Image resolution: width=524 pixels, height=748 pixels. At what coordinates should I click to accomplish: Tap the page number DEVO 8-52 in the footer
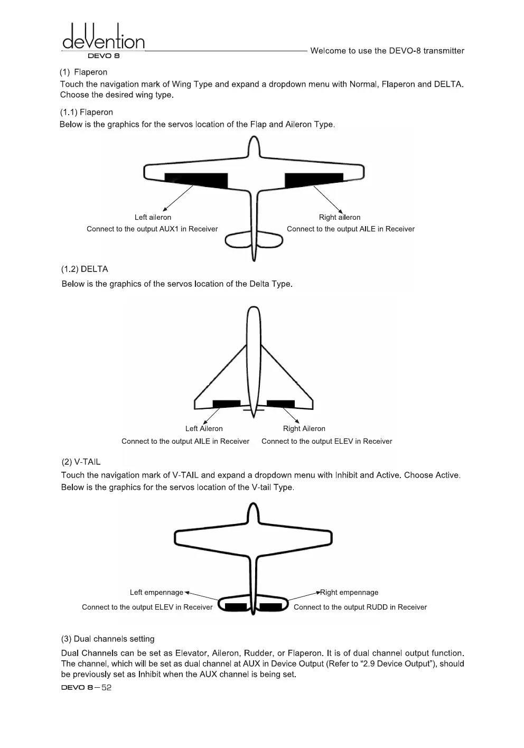click(x=86, y=687)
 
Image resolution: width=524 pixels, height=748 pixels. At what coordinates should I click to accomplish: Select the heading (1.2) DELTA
click(x=85, y=269)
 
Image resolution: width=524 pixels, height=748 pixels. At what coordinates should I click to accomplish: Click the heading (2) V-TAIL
click(x=81, y=462)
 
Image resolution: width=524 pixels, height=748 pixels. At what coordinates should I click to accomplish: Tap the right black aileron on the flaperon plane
click(x=313, y=180)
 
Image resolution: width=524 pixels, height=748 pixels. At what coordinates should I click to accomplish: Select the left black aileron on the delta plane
click(x=226, y=404)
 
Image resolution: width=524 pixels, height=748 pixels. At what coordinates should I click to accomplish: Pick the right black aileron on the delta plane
click(x=280, y=404)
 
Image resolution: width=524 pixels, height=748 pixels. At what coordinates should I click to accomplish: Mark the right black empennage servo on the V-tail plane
click(x=271, y=606)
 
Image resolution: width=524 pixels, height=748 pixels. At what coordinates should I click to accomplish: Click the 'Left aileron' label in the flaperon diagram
click(x=153, y=217)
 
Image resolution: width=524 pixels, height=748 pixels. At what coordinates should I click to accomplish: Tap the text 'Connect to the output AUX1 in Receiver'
click(x=152, y=229)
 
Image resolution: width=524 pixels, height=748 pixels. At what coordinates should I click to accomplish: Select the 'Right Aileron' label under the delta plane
click(x=304, y=428)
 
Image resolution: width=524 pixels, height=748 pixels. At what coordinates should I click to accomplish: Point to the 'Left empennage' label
click(x=156, y=592)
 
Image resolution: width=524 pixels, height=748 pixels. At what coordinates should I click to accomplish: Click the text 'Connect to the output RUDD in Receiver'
click(x=360, y=607)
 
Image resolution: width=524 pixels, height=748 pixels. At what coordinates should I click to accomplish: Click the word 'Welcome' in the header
click(x=327, y=51)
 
